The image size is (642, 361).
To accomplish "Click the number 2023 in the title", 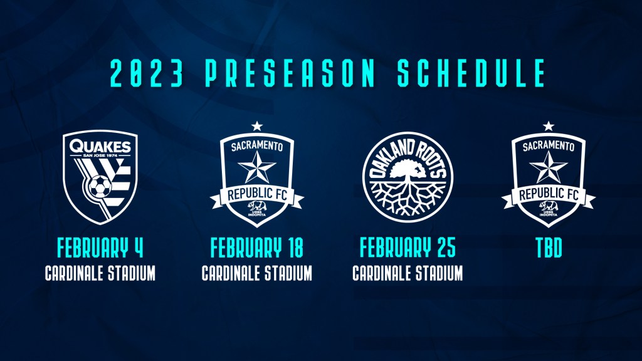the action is pos(147,73).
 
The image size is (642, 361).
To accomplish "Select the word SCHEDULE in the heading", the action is pos(471,73).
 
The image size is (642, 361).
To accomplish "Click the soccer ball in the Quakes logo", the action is pos(100,187).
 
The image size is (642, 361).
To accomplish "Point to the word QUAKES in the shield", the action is pos(100,146).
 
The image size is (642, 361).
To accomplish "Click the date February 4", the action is pos(100,248).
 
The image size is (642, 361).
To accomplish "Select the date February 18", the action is pos(256,248).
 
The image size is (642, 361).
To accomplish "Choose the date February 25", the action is pos(408,248).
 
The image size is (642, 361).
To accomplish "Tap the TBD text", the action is pos(549,248).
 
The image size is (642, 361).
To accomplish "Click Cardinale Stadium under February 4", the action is pos(100,273).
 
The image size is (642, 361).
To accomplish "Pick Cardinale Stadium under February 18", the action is pos(256,273).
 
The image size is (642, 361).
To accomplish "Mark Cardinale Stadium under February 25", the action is pos(408,273).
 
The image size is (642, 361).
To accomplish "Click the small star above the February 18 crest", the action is pos(256,126).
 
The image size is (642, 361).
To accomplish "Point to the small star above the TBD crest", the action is pos(548,126).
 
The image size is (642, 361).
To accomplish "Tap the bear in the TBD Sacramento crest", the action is pos(548,205).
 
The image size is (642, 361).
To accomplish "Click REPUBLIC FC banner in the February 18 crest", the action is pos(256,195).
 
